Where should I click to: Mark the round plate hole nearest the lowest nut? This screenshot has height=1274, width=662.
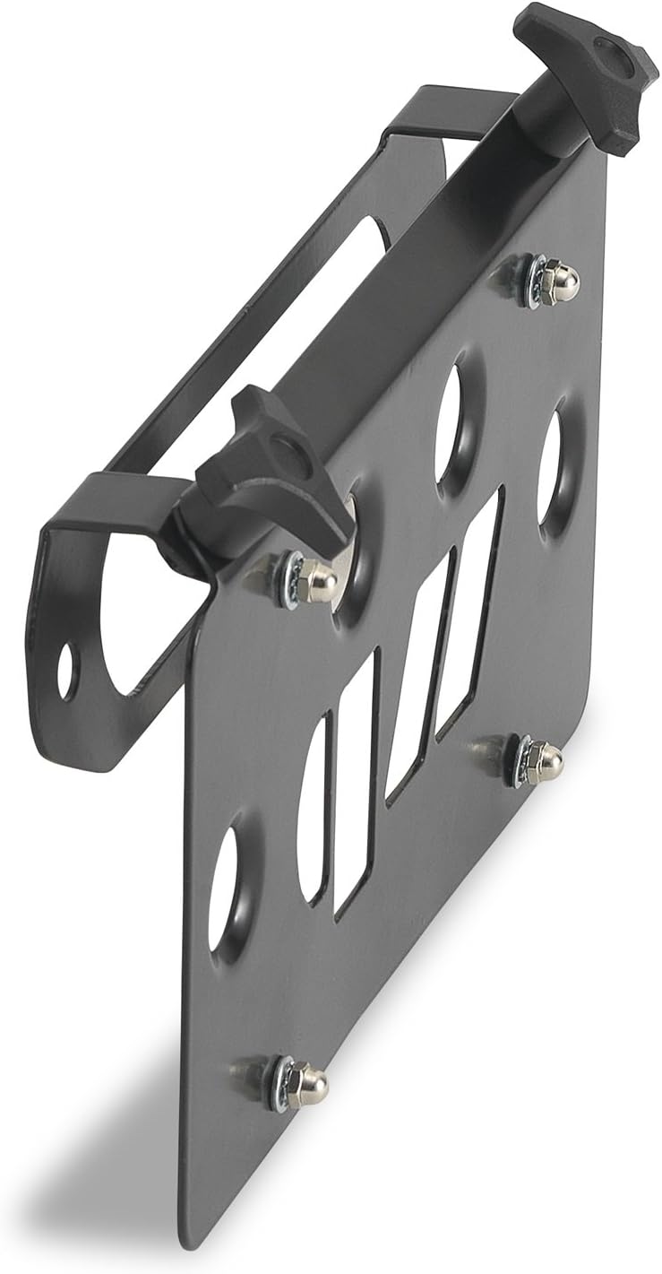(x=224, y=888)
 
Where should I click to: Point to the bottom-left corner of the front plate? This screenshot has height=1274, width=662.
(x=193, y=1242)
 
